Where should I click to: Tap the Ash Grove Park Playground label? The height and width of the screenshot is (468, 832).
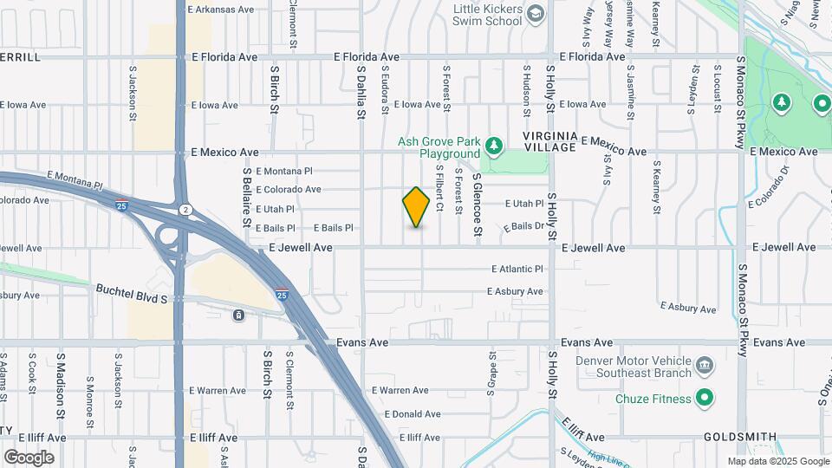click(438, 147)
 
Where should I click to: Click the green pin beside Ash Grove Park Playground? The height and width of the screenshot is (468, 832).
click(493, 146)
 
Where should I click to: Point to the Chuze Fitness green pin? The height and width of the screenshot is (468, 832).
click(705, 399)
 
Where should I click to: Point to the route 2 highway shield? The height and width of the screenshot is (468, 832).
click(185, 210)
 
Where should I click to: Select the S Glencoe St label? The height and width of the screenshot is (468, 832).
click(477, 205)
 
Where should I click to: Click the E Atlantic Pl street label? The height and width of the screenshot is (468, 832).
click(517, 269)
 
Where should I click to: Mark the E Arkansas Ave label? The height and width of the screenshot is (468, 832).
click(220, 10)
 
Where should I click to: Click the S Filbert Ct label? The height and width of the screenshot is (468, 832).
click(439, 189)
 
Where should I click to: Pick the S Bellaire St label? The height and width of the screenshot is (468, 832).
click(247, 198)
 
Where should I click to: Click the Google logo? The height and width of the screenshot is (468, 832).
click(29, 458)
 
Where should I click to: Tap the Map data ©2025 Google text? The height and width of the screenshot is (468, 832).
click(777, 461)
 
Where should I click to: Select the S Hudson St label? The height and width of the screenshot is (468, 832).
click(526, 88)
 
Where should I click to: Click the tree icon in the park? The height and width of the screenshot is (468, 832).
click(782, 104)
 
